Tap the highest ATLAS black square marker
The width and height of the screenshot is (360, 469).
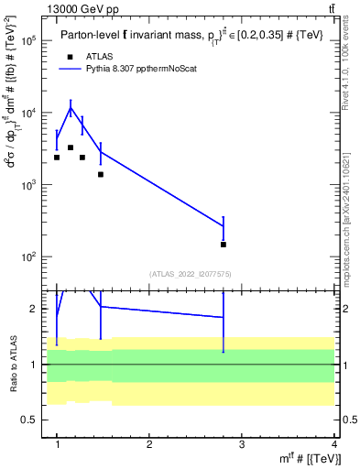tap(71, 147)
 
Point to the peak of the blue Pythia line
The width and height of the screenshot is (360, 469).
tap(71, 108)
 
